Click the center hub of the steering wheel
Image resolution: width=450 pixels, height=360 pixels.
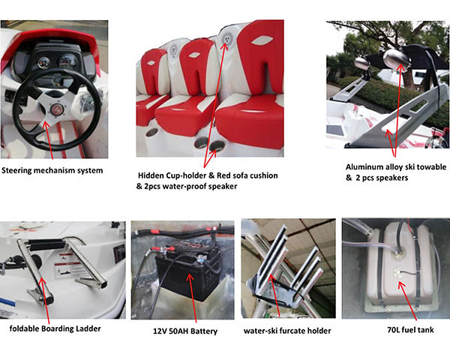tap(55, 110)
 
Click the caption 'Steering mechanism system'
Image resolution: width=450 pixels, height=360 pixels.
tap(52, 170)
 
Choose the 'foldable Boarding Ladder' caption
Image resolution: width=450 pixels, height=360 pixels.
tap(55, 328)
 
